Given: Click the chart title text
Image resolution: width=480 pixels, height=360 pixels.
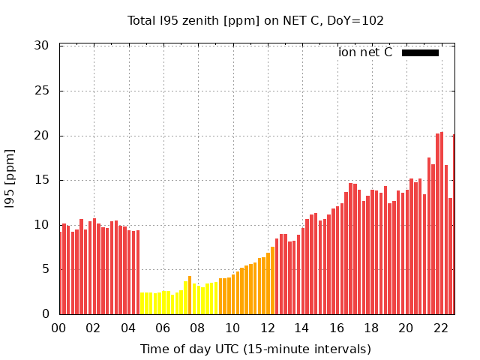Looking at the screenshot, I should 255,20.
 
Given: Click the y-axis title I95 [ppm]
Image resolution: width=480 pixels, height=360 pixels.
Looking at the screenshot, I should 10,180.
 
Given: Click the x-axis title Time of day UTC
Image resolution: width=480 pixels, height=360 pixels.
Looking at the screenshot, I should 255,349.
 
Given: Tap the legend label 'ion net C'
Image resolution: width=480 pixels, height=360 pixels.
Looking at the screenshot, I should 364,52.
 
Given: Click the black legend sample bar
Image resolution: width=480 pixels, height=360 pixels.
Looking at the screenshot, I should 420,52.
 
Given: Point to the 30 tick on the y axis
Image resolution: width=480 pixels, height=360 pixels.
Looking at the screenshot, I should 42,46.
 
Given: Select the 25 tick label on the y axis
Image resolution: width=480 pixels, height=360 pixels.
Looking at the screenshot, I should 42,91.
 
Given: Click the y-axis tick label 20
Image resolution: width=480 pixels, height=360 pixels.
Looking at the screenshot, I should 42,136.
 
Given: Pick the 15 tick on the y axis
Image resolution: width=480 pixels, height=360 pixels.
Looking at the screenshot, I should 42,180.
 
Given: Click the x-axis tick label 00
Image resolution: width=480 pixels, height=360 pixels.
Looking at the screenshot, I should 58,328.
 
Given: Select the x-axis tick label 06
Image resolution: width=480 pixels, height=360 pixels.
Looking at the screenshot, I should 163,328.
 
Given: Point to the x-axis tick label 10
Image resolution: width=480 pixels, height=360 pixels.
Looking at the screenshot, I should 232,328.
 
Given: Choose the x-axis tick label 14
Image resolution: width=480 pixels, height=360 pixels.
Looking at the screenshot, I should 301,328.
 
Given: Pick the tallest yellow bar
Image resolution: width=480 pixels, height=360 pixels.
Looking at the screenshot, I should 190,295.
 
